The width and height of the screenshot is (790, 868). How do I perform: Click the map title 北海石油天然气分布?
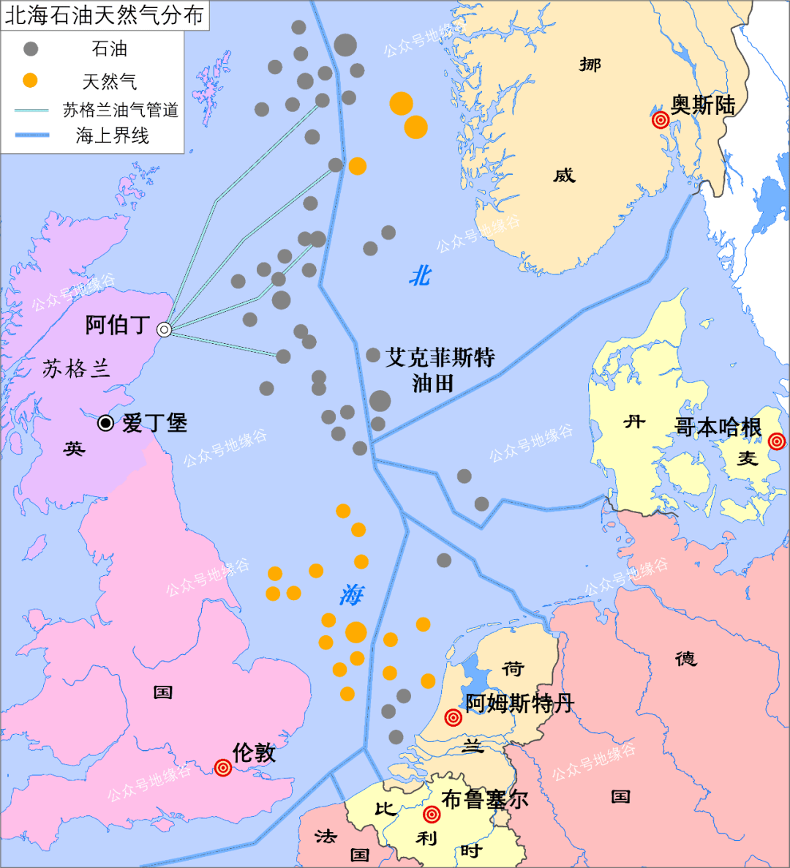coord(105,15)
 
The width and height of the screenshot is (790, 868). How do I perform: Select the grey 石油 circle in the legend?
coord(31,49)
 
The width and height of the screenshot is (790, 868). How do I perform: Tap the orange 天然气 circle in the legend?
coord(30,81)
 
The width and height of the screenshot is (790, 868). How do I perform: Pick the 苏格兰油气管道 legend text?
coord(121,110)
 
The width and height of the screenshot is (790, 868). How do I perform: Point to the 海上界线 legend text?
coord(112,135)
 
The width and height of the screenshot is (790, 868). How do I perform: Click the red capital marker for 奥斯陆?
coord(661,120)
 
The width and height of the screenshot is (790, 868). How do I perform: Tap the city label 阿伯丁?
coord(118,325)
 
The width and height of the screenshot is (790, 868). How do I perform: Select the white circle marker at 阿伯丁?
coord(165,330)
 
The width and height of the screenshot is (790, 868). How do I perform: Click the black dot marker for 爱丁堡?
coord(106,423)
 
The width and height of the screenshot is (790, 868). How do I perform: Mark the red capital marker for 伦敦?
coord(223,768)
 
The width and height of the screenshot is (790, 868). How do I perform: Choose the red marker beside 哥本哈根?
coord(777,441)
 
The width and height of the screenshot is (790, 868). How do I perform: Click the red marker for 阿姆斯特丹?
coord(454,718)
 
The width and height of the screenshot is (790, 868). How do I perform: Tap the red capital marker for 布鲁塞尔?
coord(432,815)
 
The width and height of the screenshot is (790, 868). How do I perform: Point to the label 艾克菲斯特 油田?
coord(440,370)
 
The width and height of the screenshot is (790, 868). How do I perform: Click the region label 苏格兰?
coord(76,368)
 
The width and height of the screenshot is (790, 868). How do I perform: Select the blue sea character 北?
coord(420,276)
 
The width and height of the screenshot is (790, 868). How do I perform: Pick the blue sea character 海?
coord(351,595)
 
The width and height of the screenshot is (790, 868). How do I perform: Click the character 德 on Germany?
coord(685,659)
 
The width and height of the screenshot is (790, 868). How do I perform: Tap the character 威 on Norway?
coord(564,175)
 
